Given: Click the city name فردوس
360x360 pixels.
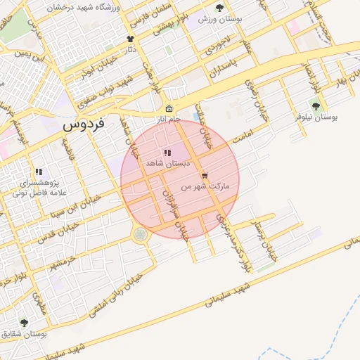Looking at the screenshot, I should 83,124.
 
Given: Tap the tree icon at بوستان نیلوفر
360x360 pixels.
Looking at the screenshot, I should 316,106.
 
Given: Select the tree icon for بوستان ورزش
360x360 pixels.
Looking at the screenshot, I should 219,8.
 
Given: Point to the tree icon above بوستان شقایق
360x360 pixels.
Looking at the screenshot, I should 25,323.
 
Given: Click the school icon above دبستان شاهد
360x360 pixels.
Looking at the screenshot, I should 167,152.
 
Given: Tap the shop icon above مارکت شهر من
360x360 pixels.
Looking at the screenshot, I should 205,176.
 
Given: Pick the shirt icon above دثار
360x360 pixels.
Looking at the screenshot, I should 130,39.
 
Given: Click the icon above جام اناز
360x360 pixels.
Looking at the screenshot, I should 169,108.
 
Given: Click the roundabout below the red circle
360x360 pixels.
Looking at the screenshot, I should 141,234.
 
